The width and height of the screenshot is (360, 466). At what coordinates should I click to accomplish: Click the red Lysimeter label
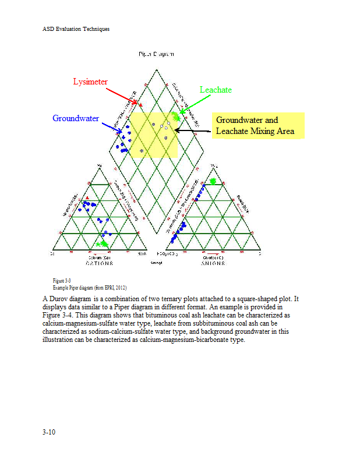(x=90, y=82)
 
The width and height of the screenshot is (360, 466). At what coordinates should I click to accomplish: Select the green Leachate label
(x=216, y=90)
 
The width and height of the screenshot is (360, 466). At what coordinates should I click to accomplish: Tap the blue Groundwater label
(x=76, y=118)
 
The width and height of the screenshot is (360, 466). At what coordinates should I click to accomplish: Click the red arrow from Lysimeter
(x=123, y=96)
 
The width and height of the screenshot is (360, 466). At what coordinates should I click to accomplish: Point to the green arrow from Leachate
(x=192, y=103)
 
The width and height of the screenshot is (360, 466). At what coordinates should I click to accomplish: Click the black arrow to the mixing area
(x=192, y=131)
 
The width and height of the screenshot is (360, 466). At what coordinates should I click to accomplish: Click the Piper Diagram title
(x=156, y=54)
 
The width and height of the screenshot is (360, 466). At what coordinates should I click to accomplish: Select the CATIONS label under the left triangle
(x=99, y=263)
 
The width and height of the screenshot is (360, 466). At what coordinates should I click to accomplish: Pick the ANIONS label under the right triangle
(x=214, y=263)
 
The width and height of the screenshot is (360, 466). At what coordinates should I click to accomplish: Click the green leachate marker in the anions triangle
(x=213, y=182)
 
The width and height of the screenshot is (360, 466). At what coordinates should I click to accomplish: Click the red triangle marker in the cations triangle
(x=87, y=200)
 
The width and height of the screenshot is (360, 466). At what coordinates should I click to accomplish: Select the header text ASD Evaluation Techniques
(x=76, y=29)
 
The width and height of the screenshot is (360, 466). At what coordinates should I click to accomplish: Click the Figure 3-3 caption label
(x=61, y=281)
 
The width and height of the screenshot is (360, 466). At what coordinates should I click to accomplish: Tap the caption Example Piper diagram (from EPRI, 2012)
(x=89, y=288)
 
